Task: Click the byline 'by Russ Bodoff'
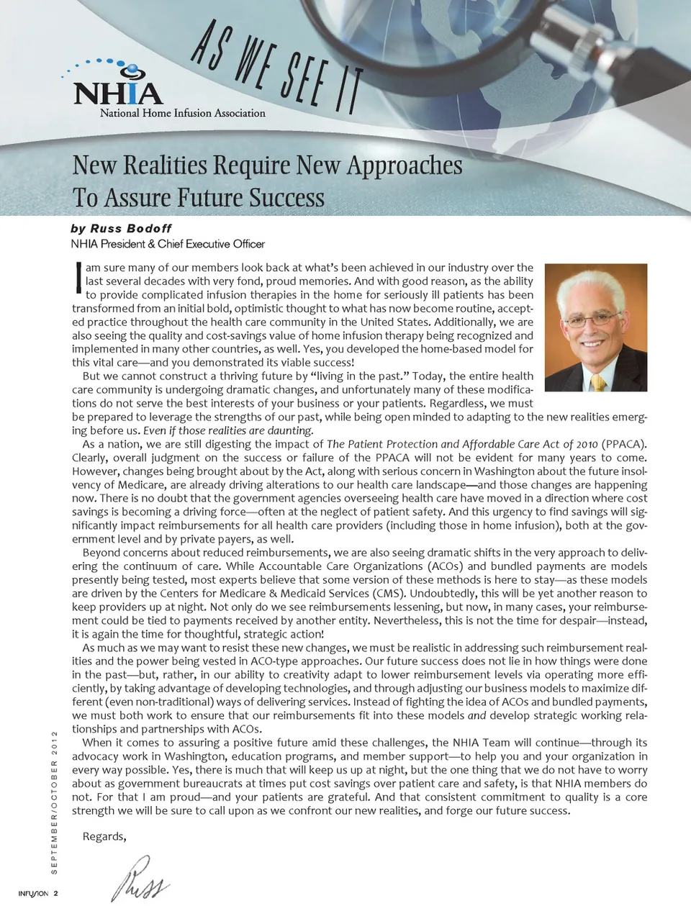click(121, 229)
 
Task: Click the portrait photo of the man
click(595, 327)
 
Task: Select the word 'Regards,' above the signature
click(104, 836)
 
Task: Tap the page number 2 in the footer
click(55, 894)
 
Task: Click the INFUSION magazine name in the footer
click(33, 894)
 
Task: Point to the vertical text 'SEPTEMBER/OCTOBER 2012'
click(54, 802)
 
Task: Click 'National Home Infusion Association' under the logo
click(182, 113)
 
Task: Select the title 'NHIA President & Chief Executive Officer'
click(168, 244)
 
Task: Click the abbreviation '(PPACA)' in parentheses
click(623, 444)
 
